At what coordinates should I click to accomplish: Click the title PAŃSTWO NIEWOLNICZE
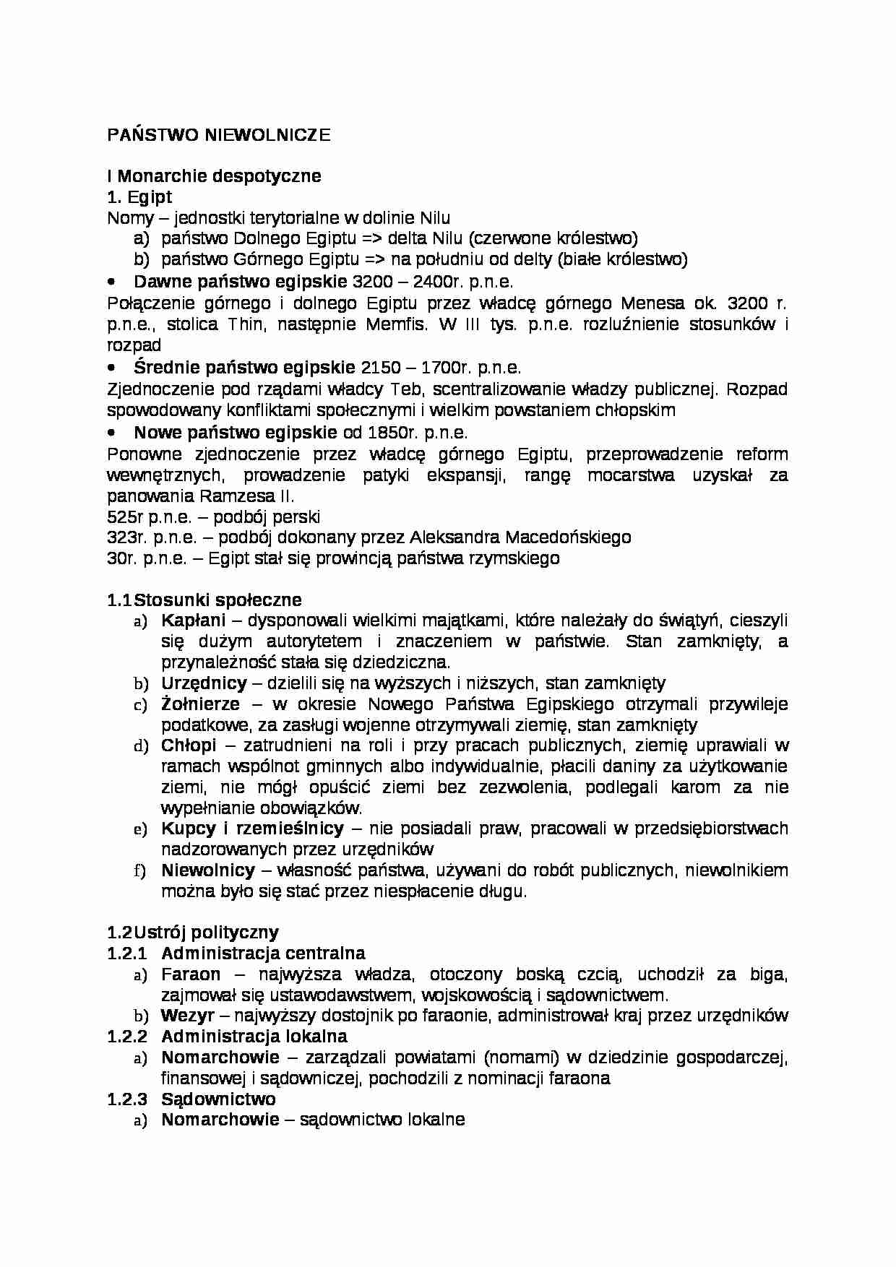click(218, 136)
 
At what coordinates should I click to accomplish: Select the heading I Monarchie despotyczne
click(214, 176)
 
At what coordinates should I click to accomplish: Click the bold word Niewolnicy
click(208, 870)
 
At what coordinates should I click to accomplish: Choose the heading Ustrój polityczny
click(206, 933)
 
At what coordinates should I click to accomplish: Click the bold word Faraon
click(191, 974)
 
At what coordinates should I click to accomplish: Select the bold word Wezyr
click(187, 1016)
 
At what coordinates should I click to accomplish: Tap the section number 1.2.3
click(127, 1099)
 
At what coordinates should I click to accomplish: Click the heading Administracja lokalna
click(254, 1037)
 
